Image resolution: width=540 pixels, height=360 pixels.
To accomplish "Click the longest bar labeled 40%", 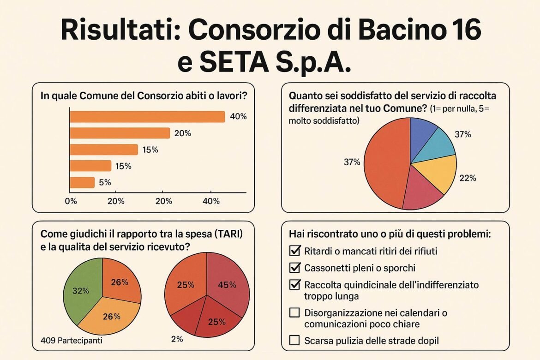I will click(147, 117).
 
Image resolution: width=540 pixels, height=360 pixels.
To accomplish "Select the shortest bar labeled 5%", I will click(82, 182).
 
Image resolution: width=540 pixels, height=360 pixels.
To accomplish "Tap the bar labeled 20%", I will click(120, 133).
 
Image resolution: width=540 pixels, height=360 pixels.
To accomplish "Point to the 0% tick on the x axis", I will click(71, 201).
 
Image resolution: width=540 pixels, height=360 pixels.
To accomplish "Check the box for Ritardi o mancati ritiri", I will click(294, 252).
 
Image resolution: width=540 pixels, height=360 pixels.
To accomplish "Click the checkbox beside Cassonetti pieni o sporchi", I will click(294, 268).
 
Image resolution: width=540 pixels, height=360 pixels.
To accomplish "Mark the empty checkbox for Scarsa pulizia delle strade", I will click(294, 341).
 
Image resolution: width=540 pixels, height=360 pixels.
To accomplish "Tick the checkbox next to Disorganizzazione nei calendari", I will click(294, 313).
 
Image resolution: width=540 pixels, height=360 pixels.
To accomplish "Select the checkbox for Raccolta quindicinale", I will click(294, 284).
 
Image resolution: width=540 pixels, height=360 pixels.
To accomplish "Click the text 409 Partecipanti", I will click(69, 341).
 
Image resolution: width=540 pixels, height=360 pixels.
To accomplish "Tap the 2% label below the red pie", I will click(176, 339).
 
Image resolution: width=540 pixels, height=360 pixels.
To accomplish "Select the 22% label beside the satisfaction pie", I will click(468, 179).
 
